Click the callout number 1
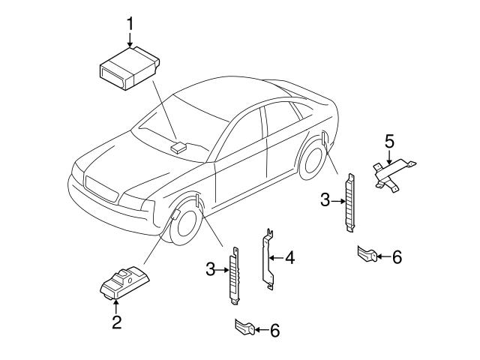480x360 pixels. (130, 23)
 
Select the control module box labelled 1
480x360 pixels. (127, 67)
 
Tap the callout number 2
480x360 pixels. (116, 324)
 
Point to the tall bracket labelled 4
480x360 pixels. (265, 259)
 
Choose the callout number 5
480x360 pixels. (389, 140)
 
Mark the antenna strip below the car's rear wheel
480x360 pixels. (349, 202)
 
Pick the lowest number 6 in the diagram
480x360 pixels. (274, 329)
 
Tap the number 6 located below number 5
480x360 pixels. (397, 257)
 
